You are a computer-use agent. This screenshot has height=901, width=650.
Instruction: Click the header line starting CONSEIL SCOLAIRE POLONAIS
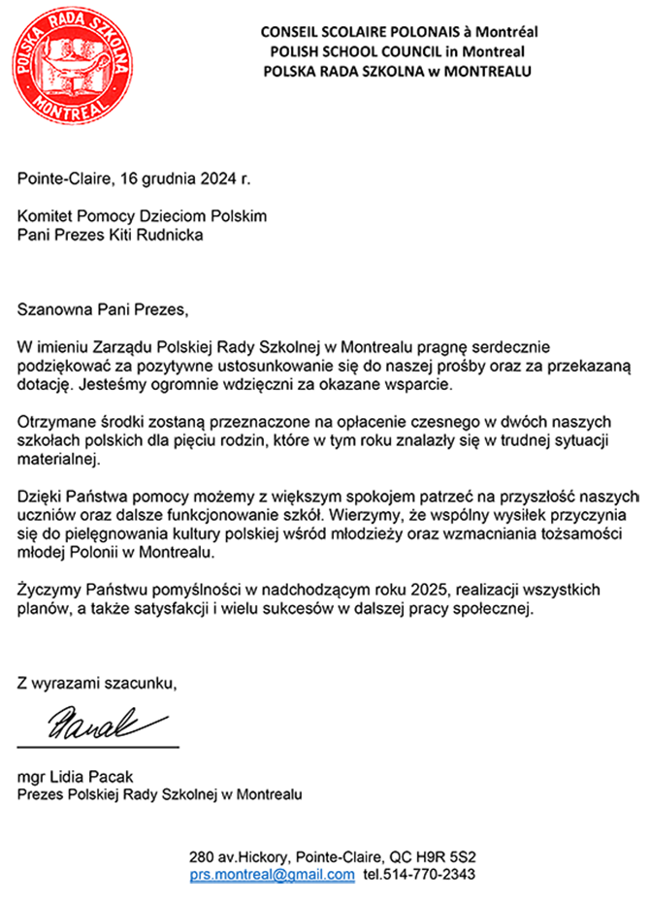(399, 32)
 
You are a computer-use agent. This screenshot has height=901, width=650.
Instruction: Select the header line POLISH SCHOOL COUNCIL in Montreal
(399, 51)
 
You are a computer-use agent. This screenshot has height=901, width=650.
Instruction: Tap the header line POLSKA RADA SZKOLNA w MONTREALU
(399, 71)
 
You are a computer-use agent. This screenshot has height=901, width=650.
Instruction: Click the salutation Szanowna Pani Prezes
(101, 310)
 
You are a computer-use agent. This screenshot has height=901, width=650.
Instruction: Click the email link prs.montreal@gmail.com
(273, 875)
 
